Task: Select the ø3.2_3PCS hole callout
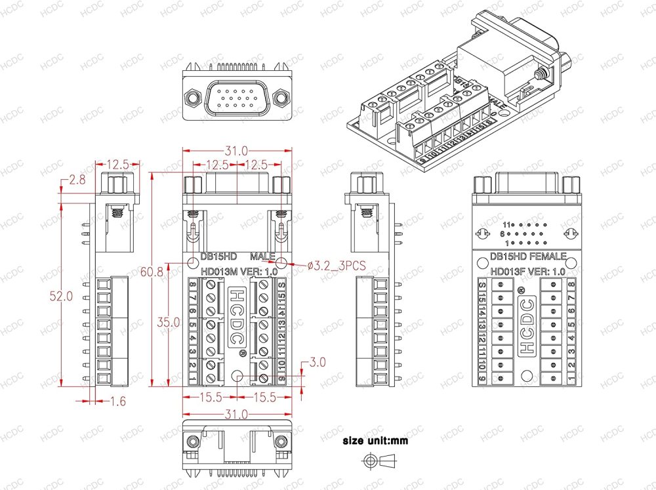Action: (337, 265)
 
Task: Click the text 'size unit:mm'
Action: (375, 441)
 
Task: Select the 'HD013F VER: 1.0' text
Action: (527, 271)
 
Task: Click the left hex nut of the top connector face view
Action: (192, 98)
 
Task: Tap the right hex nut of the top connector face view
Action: (282, 98)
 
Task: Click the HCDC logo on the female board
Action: (526, 326)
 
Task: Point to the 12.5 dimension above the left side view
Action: (118, 163)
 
